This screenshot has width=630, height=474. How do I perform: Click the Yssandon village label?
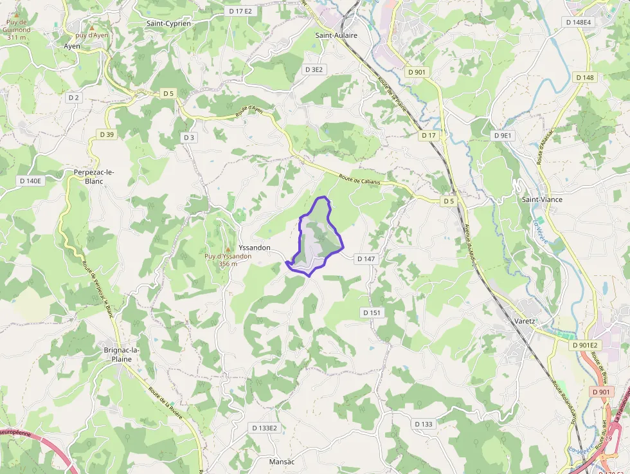pyautogui.click(x=254, y=248)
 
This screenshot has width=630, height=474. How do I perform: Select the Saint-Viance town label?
pyautogui.click(x=542, y=199)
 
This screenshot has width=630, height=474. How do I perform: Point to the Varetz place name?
pyautogui.click(x=525, y=321)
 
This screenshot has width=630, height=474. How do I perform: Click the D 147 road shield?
pyautogui.click(x=364, y=259)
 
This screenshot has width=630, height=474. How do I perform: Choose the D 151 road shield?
pyautogui.click(x=372, y=313)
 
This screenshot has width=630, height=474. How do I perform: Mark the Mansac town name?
pyautogui.click(x=281, y=462)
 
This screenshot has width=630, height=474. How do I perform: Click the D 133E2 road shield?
pyautogui.click(x=264, y=428)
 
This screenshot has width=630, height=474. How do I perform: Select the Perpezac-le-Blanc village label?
pyautogui.click(x=94, y=177)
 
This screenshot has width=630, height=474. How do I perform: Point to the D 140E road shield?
pyautogui.click(x=30, y=181)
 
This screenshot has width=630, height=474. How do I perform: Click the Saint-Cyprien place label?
pyautogui.click(x=168, y=24)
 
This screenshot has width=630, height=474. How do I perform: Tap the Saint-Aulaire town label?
pyautogui.click(x=336, y=36)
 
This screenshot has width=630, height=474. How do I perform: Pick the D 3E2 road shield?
pyautogui.click(x=315, y=69)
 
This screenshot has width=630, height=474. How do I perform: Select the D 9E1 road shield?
pyautogui.click(x=502, y=136)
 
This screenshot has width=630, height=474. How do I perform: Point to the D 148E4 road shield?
pyautogui.click(x=579, y=22)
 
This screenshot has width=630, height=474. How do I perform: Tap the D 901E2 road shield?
pyautogui.click(x=584, y=345)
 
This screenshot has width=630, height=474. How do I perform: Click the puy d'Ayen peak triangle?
pyautogui.click(x=92, y=28)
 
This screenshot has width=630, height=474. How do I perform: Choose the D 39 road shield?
pyautogui.click(x=107, y=134)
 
